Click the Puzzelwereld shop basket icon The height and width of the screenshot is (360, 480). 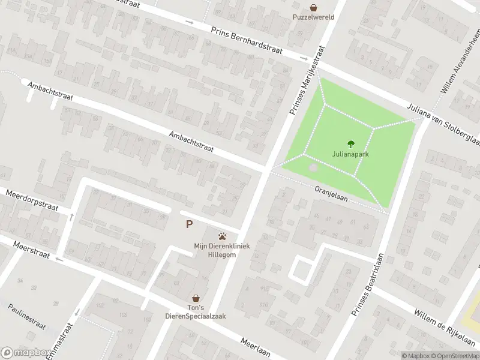coord(314,8)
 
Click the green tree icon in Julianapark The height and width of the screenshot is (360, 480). coord(351,143)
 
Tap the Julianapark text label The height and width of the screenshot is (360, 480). coord(350,154)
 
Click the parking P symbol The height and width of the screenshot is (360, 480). coord(190,224)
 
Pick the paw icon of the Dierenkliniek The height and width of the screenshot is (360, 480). coord(223,236)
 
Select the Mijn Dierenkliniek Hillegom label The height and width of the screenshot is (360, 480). coord(222,250)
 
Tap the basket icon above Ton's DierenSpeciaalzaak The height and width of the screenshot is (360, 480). coord(196,298)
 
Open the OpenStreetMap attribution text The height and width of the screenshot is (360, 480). coord(455,356)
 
